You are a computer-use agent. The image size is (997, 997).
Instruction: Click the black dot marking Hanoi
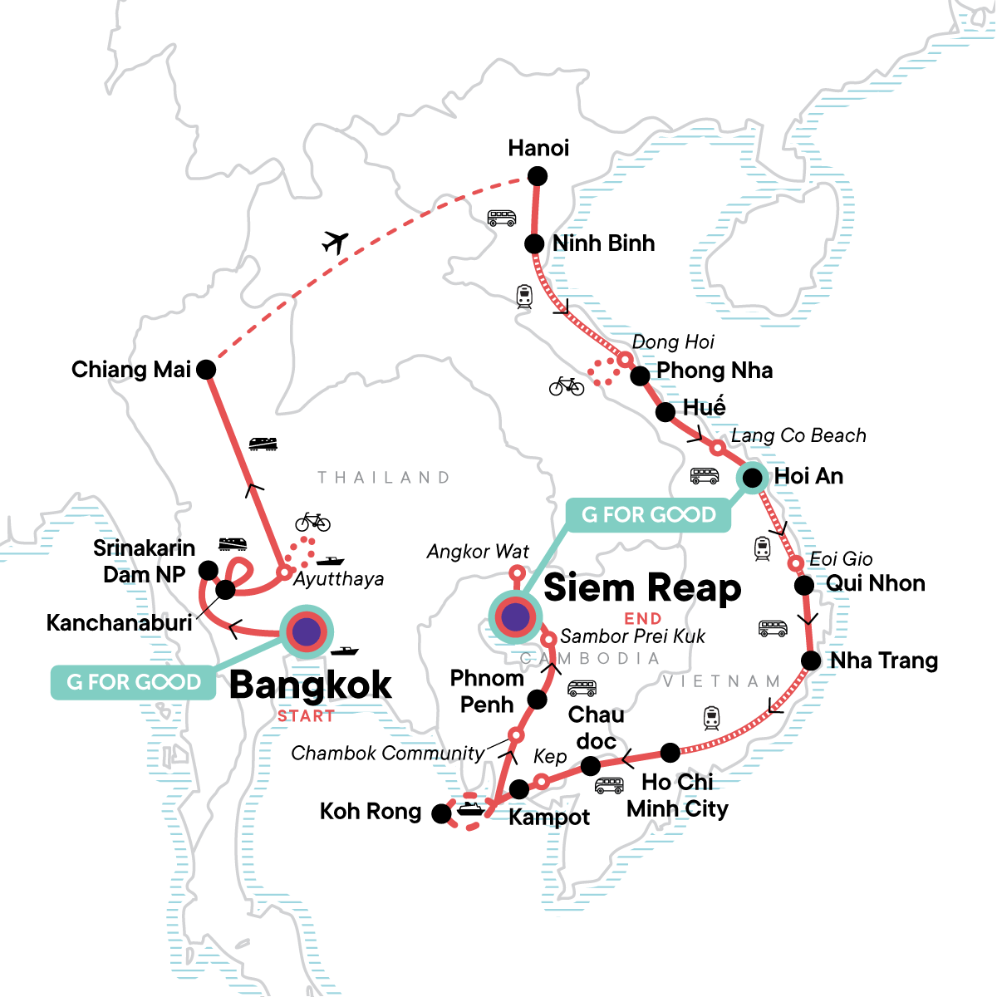(538, 176)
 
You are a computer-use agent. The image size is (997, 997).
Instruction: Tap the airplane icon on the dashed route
(335, 243)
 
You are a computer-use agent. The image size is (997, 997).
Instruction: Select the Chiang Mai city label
(131, 370)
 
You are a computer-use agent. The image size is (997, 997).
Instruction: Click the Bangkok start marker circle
(307, 632)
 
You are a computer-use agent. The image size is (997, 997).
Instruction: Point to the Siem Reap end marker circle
(515, 616)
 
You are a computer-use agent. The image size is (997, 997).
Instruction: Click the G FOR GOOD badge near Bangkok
(134, 682)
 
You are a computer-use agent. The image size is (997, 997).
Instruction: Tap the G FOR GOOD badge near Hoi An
(648, 515)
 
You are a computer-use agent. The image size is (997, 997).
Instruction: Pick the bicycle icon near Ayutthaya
(312, 522)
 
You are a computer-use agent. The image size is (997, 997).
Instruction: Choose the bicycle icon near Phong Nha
(566, 386)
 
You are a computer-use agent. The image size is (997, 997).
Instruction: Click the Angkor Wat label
(478, 552)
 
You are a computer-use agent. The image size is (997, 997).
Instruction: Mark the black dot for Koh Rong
(442, 814)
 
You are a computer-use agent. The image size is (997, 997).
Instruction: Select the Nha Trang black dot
(810, 661)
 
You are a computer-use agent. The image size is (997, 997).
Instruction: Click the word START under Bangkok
(306, 716)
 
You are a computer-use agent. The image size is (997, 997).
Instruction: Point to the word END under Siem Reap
(643, 618)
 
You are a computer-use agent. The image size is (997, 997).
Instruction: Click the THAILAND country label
(384, 478)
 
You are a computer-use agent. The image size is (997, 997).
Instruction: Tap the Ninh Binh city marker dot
(534, 244)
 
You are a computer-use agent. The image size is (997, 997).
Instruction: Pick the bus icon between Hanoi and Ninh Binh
(502, 219)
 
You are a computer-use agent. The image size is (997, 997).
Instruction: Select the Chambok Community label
(387, 754)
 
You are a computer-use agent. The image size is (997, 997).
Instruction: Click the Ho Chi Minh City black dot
(670, 753)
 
